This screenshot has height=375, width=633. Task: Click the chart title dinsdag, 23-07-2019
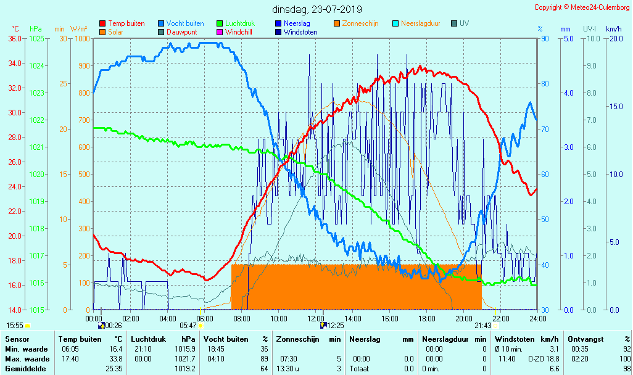click(317, 9)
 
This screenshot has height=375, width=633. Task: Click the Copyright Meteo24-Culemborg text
click(582, 7)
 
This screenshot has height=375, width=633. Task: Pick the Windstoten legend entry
click(300, 31)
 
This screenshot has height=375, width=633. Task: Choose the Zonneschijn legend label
click(360, 23)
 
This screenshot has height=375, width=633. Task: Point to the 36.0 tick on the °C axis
click(14, 38)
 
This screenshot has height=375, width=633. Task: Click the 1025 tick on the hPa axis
click(36, 38)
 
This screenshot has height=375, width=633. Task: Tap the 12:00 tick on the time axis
click(316, 318)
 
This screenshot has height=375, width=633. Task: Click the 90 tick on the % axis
click(545, 38)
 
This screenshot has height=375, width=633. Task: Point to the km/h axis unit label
click(613, 29)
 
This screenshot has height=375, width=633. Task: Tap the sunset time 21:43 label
click(483, 325)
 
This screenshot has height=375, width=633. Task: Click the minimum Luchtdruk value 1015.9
click(187, 349)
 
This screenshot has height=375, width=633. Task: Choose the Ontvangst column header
click(583, 339)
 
